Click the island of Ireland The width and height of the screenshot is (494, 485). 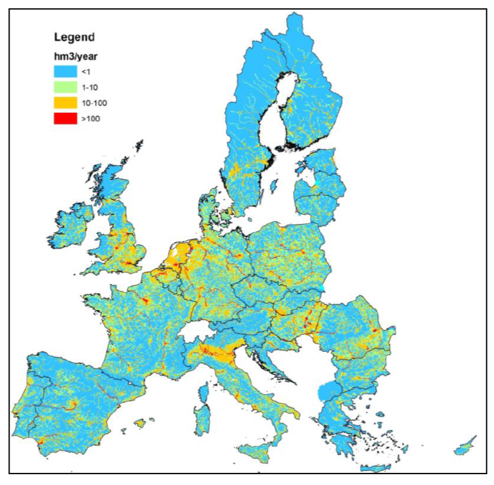pos(69,224)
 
